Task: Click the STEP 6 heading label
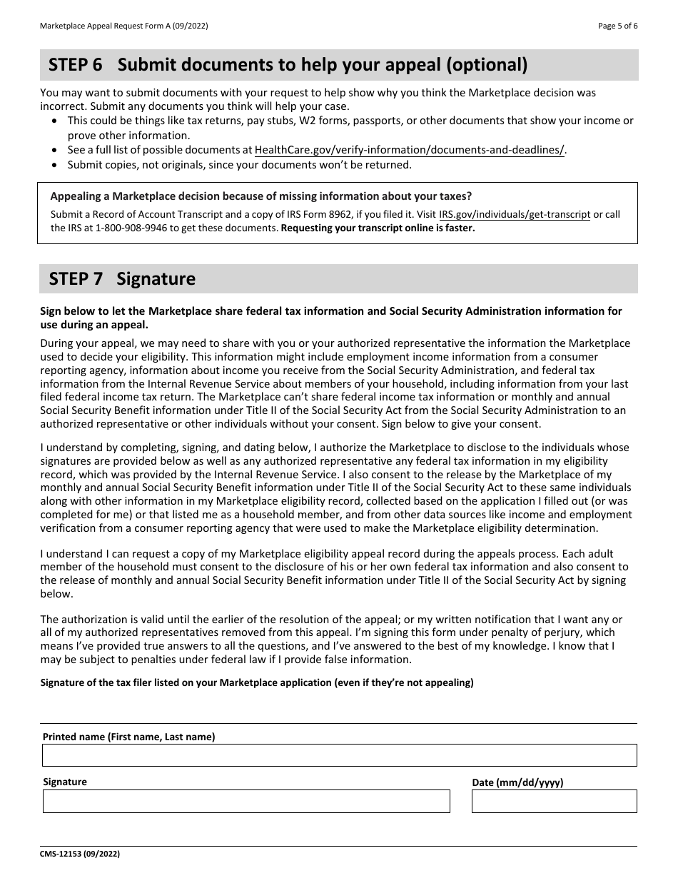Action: coord(75,65)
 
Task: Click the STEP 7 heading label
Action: coord(75,278)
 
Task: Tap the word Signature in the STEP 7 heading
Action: coord(156,278)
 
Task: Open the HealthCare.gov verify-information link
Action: coord(410,150)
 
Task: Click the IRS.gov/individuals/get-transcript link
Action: coord(515,214)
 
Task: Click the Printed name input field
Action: coord(339,755)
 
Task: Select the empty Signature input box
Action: coord(246,801)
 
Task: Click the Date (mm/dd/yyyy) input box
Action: coord(554,801)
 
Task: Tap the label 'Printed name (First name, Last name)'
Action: coord(128,737)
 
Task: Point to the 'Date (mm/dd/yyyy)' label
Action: coord(517,782)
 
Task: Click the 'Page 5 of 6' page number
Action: coord(617,26)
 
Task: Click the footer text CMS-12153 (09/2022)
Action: coord(75,854)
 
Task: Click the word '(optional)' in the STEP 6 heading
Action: coord(487,65)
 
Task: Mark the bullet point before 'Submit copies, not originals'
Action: coord(57,165)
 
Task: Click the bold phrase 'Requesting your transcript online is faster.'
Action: coord(378,228)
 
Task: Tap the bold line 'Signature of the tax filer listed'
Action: coord(257,682)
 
